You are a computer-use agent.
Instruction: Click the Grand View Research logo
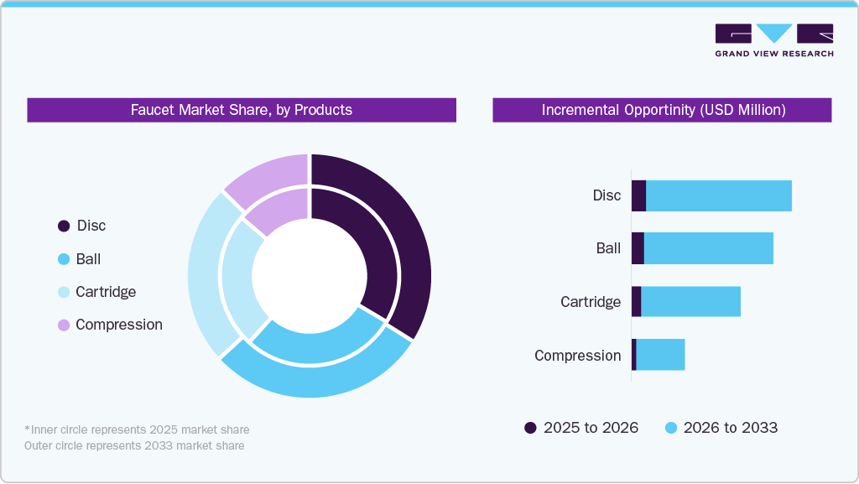(773, 39)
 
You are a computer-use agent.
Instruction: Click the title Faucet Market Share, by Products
(242, 110)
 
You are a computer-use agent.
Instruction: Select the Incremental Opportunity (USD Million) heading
(662, 110)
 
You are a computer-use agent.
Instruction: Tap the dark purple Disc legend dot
(64, 226)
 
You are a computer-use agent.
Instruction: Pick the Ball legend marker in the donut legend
(64, 260)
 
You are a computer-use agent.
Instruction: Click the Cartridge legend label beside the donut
(106, 292)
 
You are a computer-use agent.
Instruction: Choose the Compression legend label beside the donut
(118, 325)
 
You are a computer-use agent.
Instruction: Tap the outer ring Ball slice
(319, 382)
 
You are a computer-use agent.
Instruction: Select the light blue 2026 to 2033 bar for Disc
(718, 195)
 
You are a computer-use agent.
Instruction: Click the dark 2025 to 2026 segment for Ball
(638, 248)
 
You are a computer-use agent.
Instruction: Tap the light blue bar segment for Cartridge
(690, 301)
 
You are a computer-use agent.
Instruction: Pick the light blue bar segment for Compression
(660, 355)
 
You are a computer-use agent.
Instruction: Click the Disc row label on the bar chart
(607, 195)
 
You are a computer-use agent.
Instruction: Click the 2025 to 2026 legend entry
(581, 428)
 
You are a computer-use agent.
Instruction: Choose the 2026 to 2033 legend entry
(721, 428)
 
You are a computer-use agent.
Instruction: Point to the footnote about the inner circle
(137, 429)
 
